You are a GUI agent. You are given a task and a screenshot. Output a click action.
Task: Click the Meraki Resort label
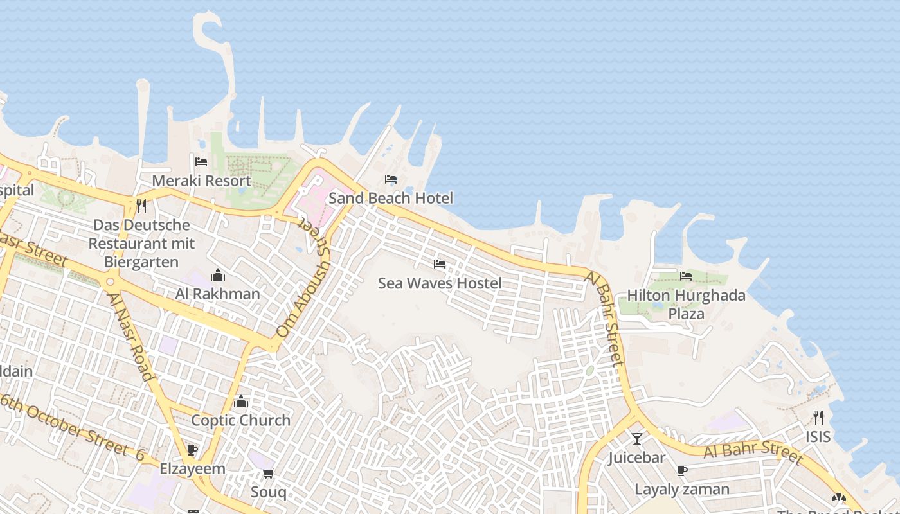[x=201, y=181]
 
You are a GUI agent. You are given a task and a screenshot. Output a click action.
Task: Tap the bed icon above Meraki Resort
[x=201, y=161]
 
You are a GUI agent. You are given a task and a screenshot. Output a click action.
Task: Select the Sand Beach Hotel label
[x=391, y=198]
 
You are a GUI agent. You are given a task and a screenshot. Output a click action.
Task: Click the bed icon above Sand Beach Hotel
[x=391, y=179]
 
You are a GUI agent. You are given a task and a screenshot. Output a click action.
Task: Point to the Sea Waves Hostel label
[x=440, y=283]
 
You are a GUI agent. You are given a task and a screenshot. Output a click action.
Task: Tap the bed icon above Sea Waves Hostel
[x=440, y=264]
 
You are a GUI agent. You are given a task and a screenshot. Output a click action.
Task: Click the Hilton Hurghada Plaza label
[x=686, y=304]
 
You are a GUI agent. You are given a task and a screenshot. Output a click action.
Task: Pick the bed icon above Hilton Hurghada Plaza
[x=686, y=276]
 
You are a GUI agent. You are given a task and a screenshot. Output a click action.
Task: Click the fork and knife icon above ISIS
[x=818, y=418]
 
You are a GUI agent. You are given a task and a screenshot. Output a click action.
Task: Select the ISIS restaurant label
[x=818, y=437]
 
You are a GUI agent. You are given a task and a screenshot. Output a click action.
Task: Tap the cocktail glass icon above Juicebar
[x=637, y=439]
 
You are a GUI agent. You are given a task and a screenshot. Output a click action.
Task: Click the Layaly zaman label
[x=682, y=489]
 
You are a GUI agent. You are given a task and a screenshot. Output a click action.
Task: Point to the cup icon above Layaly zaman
[x=682, y=471]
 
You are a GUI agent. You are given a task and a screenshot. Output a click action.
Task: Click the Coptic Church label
[x=241, y=420]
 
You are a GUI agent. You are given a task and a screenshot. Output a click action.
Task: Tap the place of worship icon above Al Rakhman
[x=218, y=275]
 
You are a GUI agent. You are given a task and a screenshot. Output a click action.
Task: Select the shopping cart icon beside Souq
[x=269, y=474]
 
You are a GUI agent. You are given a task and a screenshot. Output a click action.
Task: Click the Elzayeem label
[x=192, y=468]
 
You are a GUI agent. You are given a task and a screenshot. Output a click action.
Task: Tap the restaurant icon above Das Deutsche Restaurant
[x=141, y=206]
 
